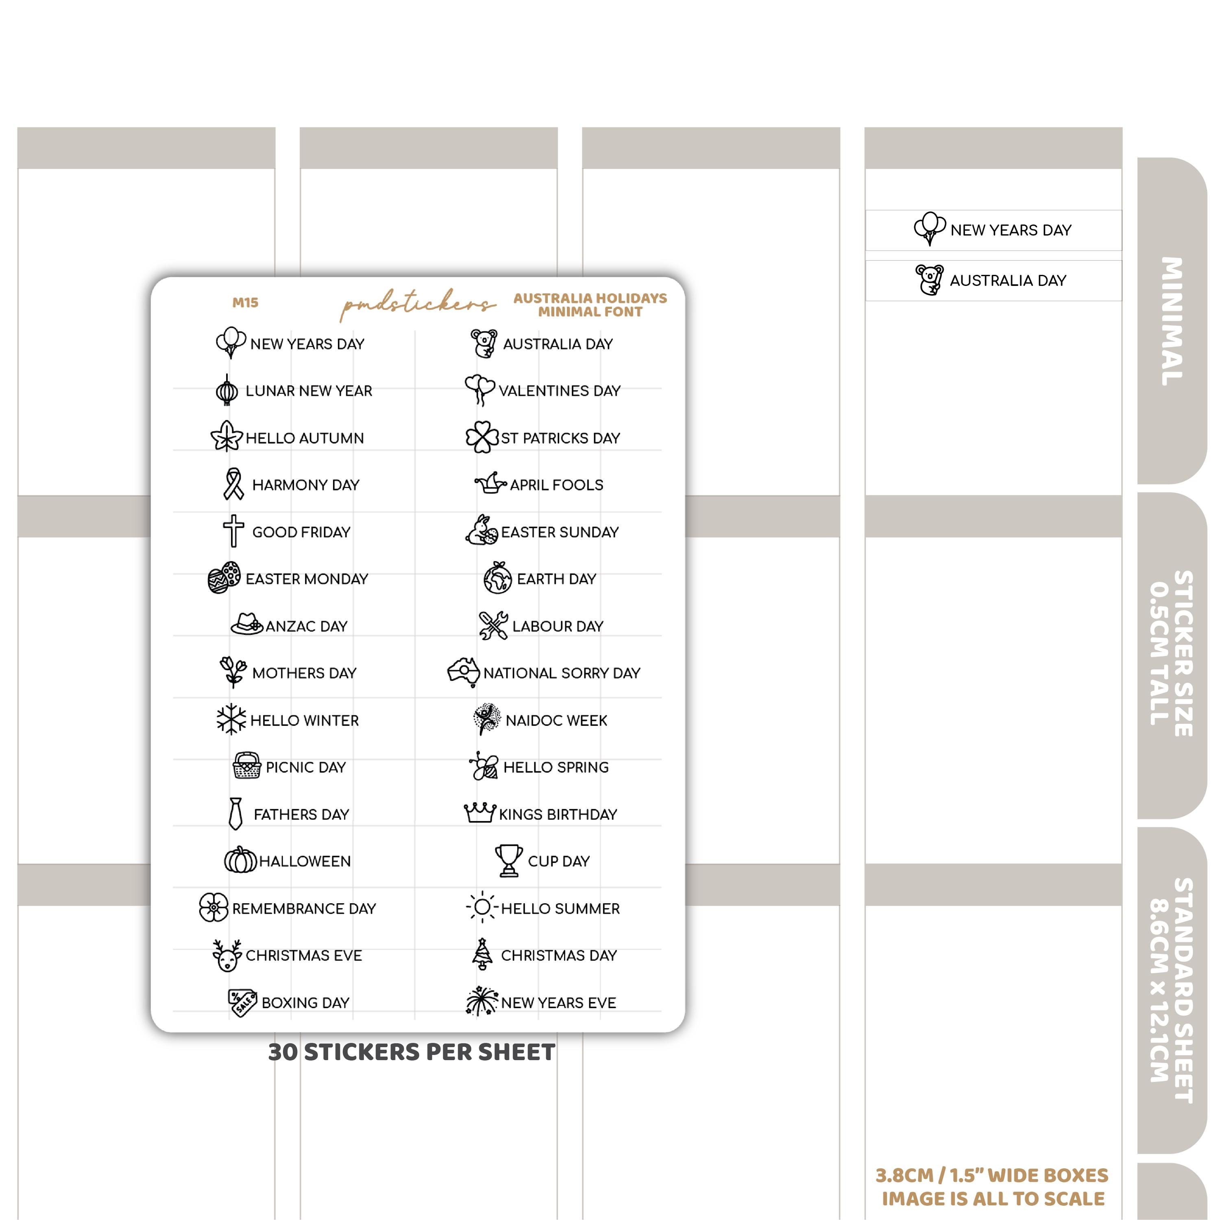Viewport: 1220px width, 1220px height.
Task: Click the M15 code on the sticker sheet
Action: pyautogui.click(x=245, y=303)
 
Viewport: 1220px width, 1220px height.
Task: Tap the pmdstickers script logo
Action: pyautogui.click(x=417, y=304)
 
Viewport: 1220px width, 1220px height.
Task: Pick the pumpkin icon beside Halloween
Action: pyautogui.click(x=241, y=860)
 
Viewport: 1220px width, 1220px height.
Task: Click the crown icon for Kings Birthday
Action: pyautogui.click(x=479, y=813)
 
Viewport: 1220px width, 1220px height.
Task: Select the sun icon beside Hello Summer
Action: pyautogui.click(x=482, y=907)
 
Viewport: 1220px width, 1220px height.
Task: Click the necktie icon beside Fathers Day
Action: pyautogui.click(x=235, y=813)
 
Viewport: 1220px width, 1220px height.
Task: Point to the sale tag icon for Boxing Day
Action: pyautogui.click(x=242, y=1002)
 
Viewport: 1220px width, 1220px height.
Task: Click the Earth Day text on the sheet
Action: pyautogui.click(x=556, y=579)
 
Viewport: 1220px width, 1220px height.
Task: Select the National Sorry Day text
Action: pyautogui.click(x=561, y=673)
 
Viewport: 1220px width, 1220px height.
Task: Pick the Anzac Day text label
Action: pyautogui.click(x=306, y=626)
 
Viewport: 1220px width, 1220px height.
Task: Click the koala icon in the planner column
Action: pyautogui.click(x=930, y=280)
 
